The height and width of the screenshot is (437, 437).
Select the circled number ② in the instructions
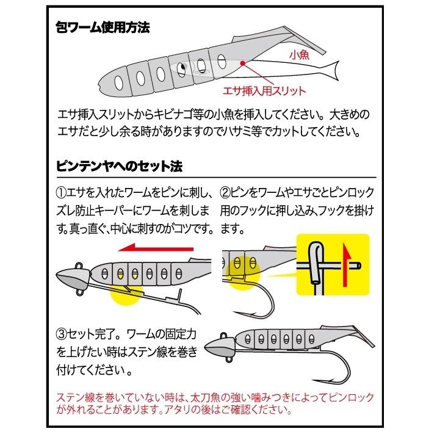(x=224, y=193)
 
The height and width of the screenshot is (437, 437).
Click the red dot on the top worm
(x=242, y=63)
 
